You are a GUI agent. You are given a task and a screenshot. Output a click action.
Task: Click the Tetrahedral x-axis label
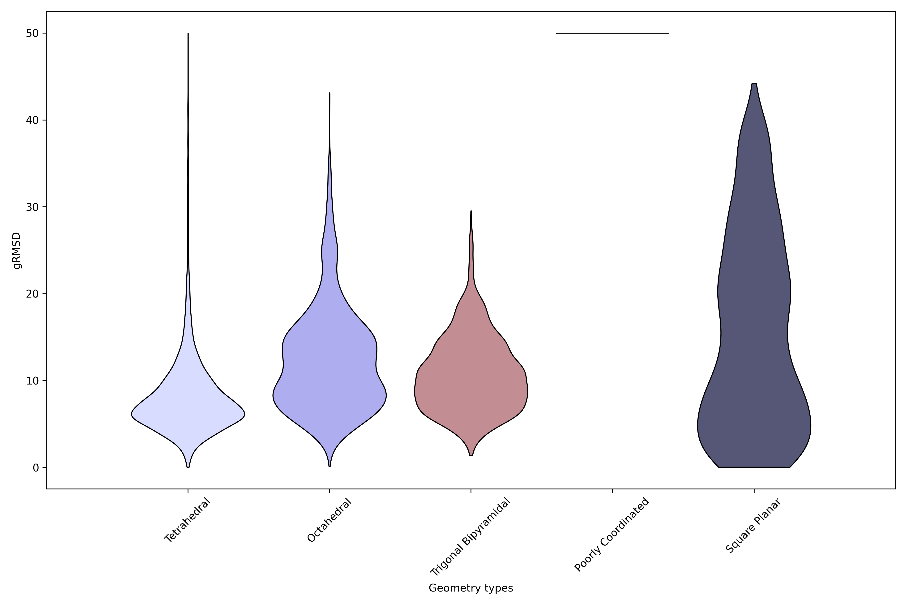click(187, 520)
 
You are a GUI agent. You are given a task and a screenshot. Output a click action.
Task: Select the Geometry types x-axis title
click(471, 588)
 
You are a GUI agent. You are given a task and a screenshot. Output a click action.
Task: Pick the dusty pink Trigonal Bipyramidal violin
click(471, 386)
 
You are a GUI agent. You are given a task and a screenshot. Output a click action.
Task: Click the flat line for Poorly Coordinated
click(612, 33)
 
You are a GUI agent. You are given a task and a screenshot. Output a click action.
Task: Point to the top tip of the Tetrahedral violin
click(188, 34)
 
